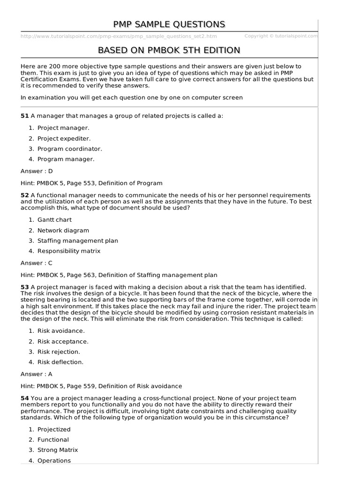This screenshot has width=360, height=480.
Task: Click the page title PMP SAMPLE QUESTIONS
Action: tap(169, 24)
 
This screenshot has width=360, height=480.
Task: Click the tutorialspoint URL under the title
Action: tap(119, 36)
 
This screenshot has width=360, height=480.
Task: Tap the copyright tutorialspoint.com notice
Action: tap(281, 36)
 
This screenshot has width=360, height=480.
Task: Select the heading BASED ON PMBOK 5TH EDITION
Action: tap(169, 50)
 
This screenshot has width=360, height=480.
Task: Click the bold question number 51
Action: tap(24, 116)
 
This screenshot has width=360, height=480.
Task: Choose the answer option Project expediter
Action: tap(64, 138)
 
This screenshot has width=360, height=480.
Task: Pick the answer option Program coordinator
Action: tap(69, 149)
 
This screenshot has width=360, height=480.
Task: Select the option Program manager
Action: tap(66, 159)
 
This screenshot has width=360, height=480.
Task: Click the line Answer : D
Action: tap(37, 171)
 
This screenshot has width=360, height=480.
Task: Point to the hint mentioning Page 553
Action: tap(91, 183)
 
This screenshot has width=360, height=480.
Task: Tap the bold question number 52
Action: tap(24, 195)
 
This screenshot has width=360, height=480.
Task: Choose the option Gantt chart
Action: tap(54, 219)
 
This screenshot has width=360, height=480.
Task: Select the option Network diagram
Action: tap(63, 230)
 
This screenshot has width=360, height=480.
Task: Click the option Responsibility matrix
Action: tap(68, 251)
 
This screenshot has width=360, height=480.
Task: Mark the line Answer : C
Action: tap(37, 263)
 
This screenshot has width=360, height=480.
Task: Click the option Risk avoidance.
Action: tap(61, 330)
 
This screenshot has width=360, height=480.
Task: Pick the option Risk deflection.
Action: tap(60, 362)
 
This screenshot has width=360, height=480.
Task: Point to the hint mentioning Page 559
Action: tap(101, 386)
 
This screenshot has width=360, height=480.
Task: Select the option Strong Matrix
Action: tap(58, 450)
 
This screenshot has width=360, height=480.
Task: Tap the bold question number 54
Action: tap(24, 398)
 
